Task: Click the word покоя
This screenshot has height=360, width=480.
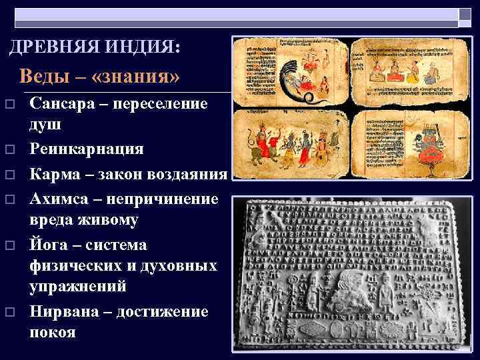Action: coord(53,332)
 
